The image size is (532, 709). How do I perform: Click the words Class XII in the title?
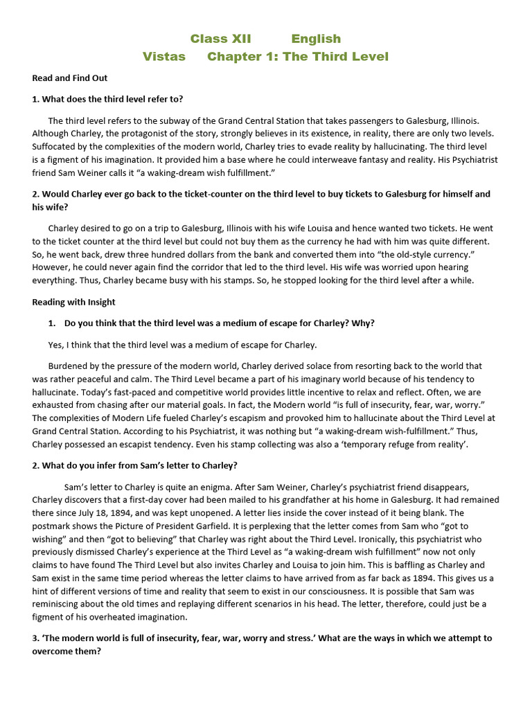(220, 39)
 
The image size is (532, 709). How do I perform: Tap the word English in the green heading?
(316, 39)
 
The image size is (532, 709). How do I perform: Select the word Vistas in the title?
(164, 57)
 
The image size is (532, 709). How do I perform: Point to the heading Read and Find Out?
(69, 78)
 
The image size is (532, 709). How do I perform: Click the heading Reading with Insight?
(74, 302)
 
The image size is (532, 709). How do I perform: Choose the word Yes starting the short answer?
(55, 345)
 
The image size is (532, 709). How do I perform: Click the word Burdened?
(70, 366)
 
